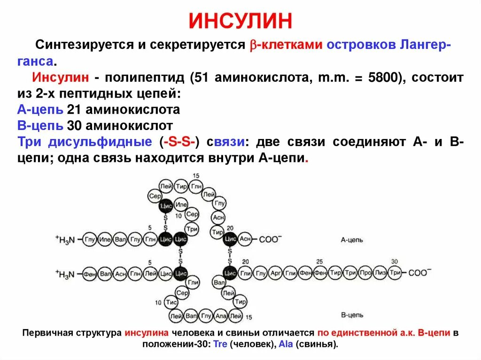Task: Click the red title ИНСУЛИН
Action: [x=240, y=21]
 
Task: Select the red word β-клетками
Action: [x=286, y=45]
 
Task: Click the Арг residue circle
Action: [x=276, y=273]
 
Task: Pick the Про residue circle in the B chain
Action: [x=365, y=273]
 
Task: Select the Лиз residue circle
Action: [x=380, y=273]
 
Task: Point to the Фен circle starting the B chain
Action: [x=90, y=273]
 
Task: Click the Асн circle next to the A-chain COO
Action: [x=246, y=239]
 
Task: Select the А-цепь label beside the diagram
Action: [x=352, y=240]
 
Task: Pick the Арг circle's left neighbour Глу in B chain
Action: [x=261, y=273]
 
